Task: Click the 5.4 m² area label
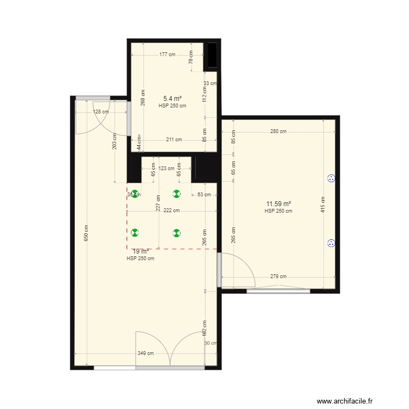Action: click(172, 99)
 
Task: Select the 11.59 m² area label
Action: click(278, 204)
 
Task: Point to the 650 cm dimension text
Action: click(86, 234)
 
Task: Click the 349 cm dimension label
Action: click(145, 353)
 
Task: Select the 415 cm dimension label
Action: click(323, 204)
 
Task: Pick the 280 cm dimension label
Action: click(278, 131)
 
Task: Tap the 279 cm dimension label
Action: click(278, 276)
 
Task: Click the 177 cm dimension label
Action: click(167, 55)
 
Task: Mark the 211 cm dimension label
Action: click(174, 140)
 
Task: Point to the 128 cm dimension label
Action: click(101, 112)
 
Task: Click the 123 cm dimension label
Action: click(166, 169)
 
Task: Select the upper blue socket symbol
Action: click(330, 178)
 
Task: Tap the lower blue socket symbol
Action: click(330, 244)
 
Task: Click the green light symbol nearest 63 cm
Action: click(176, 194)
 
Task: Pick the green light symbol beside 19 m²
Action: click(135, 233)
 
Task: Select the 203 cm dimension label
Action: click(115, 142)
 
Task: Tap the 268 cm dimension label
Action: click(143, 98)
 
